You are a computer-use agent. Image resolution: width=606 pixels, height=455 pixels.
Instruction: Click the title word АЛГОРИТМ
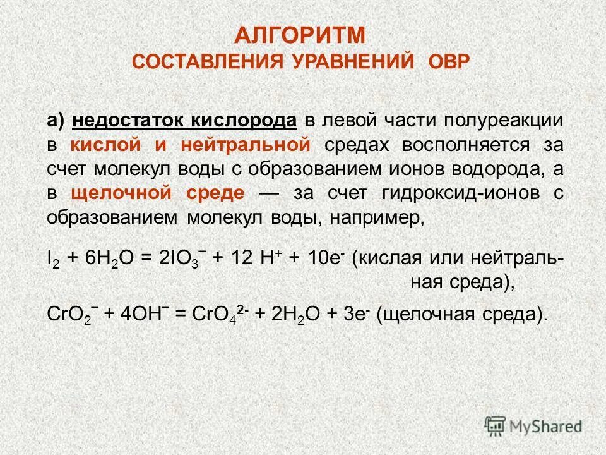coord(301,35)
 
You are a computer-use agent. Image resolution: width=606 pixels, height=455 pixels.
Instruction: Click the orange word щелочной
coord(115,193)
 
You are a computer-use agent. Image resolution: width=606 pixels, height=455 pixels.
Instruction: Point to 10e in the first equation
coord(326,258)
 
